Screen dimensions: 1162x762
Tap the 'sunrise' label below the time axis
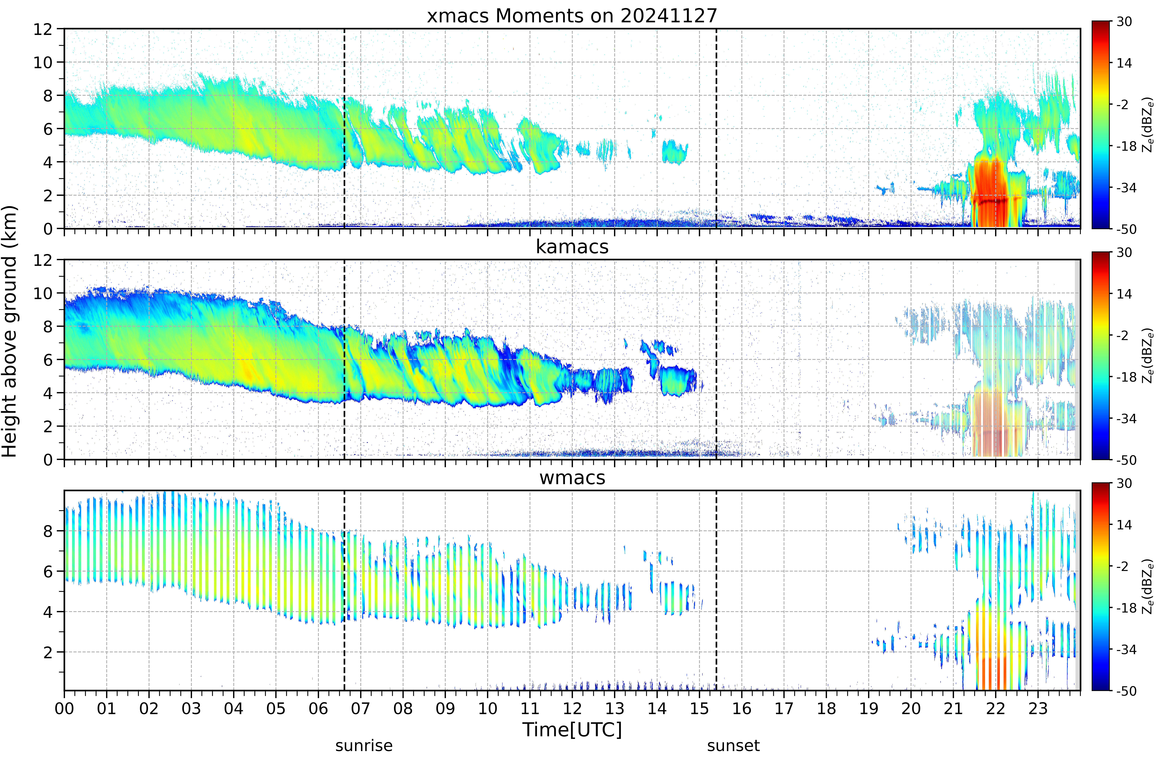(364, 746)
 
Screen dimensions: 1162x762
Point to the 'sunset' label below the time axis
(733, 746)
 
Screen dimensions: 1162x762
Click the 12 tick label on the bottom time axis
(572, 708)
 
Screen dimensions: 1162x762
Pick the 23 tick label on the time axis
(1038, 708)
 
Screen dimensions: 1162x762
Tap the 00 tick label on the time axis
(64, 708)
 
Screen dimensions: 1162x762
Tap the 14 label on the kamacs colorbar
(1124, 294)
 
